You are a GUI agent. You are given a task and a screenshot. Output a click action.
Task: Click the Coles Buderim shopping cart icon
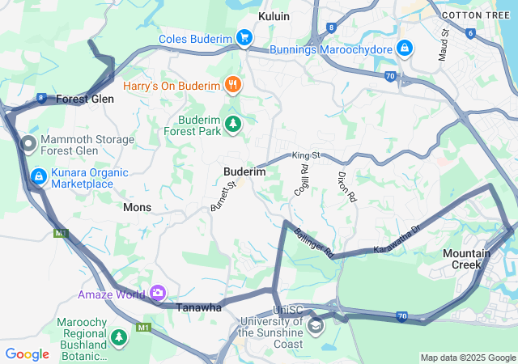244,37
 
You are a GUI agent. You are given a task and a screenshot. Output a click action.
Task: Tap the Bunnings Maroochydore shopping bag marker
404,48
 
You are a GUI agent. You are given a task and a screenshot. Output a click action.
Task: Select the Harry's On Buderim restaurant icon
233,83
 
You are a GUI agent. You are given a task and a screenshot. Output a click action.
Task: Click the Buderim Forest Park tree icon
233,124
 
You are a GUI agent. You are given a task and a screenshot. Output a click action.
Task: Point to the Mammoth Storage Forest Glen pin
28,145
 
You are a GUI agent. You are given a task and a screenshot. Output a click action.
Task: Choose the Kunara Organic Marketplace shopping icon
38,176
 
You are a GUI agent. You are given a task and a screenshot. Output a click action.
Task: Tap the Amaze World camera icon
157,293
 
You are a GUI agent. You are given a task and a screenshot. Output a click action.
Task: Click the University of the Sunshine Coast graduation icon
315,326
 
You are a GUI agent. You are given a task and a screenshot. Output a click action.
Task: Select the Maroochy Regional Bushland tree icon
120,336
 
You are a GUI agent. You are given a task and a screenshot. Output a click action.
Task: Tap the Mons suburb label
137,207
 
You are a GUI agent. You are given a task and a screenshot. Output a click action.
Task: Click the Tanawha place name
199,307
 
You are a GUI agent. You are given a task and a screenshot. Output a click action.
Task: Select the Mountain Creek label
466,259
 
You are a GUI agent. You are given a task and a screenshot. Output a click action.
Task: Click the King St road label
307,154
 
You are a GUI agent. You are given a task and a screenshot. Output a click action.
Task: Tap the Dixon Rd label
346,187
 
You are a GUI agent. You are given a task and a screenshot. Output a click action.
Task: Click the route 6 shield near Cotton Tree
470,33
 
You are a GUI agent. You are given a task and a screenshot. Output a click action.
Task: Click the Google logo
27,353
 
